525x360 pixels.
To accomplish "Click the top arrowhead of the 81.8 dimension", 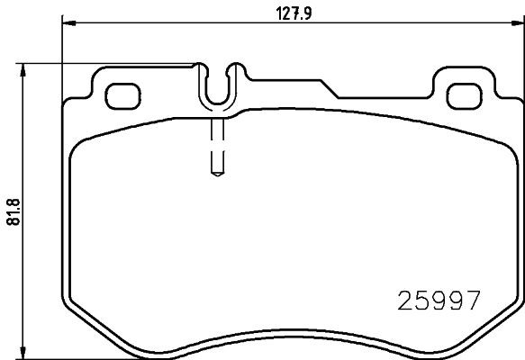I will (x=23, y=67).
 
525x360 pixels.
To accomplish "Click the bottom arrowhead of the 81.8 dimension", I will (x=23, y=353).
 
